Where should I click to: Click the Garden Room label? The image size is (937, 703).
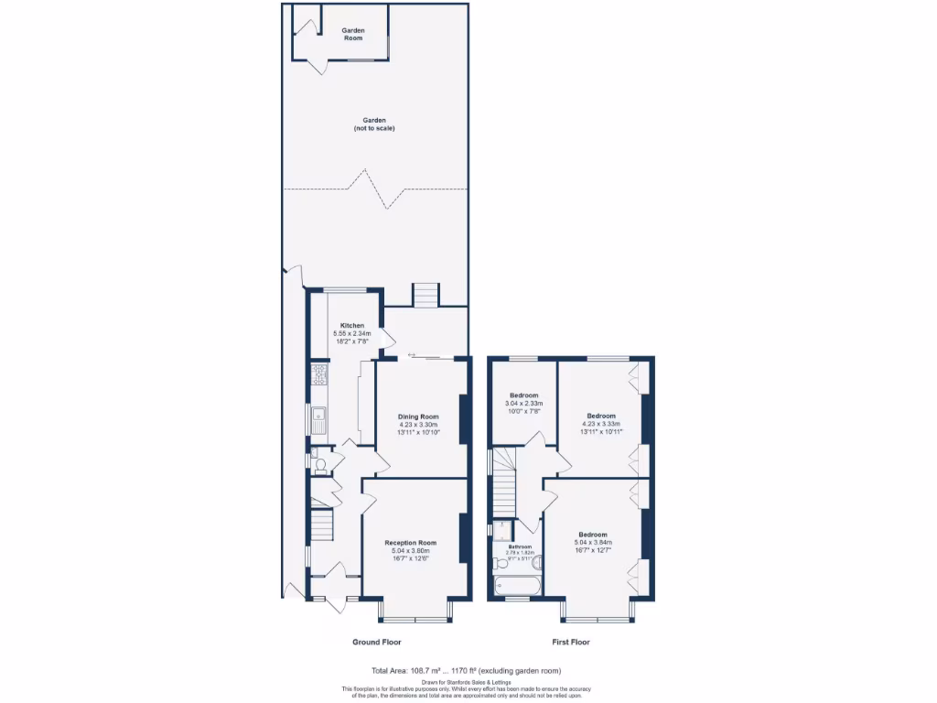click(353, 34)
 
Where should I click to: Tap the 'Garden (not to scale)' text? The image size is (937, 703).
click(373, 124)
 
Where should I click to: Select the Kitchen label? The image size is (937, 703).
click(352, 325)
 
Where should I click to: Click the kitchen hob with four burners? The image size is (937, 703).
click(318, 373)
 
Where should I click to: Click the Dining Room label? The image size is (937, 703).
click(418, 416)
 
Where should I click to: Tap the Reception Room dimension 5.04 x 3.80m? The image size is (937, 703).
click(410, 550)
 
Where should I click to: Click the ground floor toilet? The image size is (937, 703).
click(319, 465)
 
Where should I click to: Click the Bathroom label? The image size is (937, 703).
click(520, 546)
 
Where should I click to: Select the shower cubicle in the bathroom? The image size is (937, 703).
click(503, 528)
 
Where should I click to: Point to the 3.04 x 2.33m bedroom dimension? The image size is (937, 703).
click(523, 404)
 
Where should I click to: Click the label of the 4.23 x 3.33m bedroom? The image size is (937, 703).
click(601, 416)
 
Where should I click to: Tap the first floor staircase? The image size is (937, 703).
click(505, 485)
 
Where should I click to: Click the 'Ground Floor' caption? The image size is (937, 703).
click(377, 642)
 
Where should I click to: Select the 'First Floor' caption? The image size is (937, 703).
click(571, 642)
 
